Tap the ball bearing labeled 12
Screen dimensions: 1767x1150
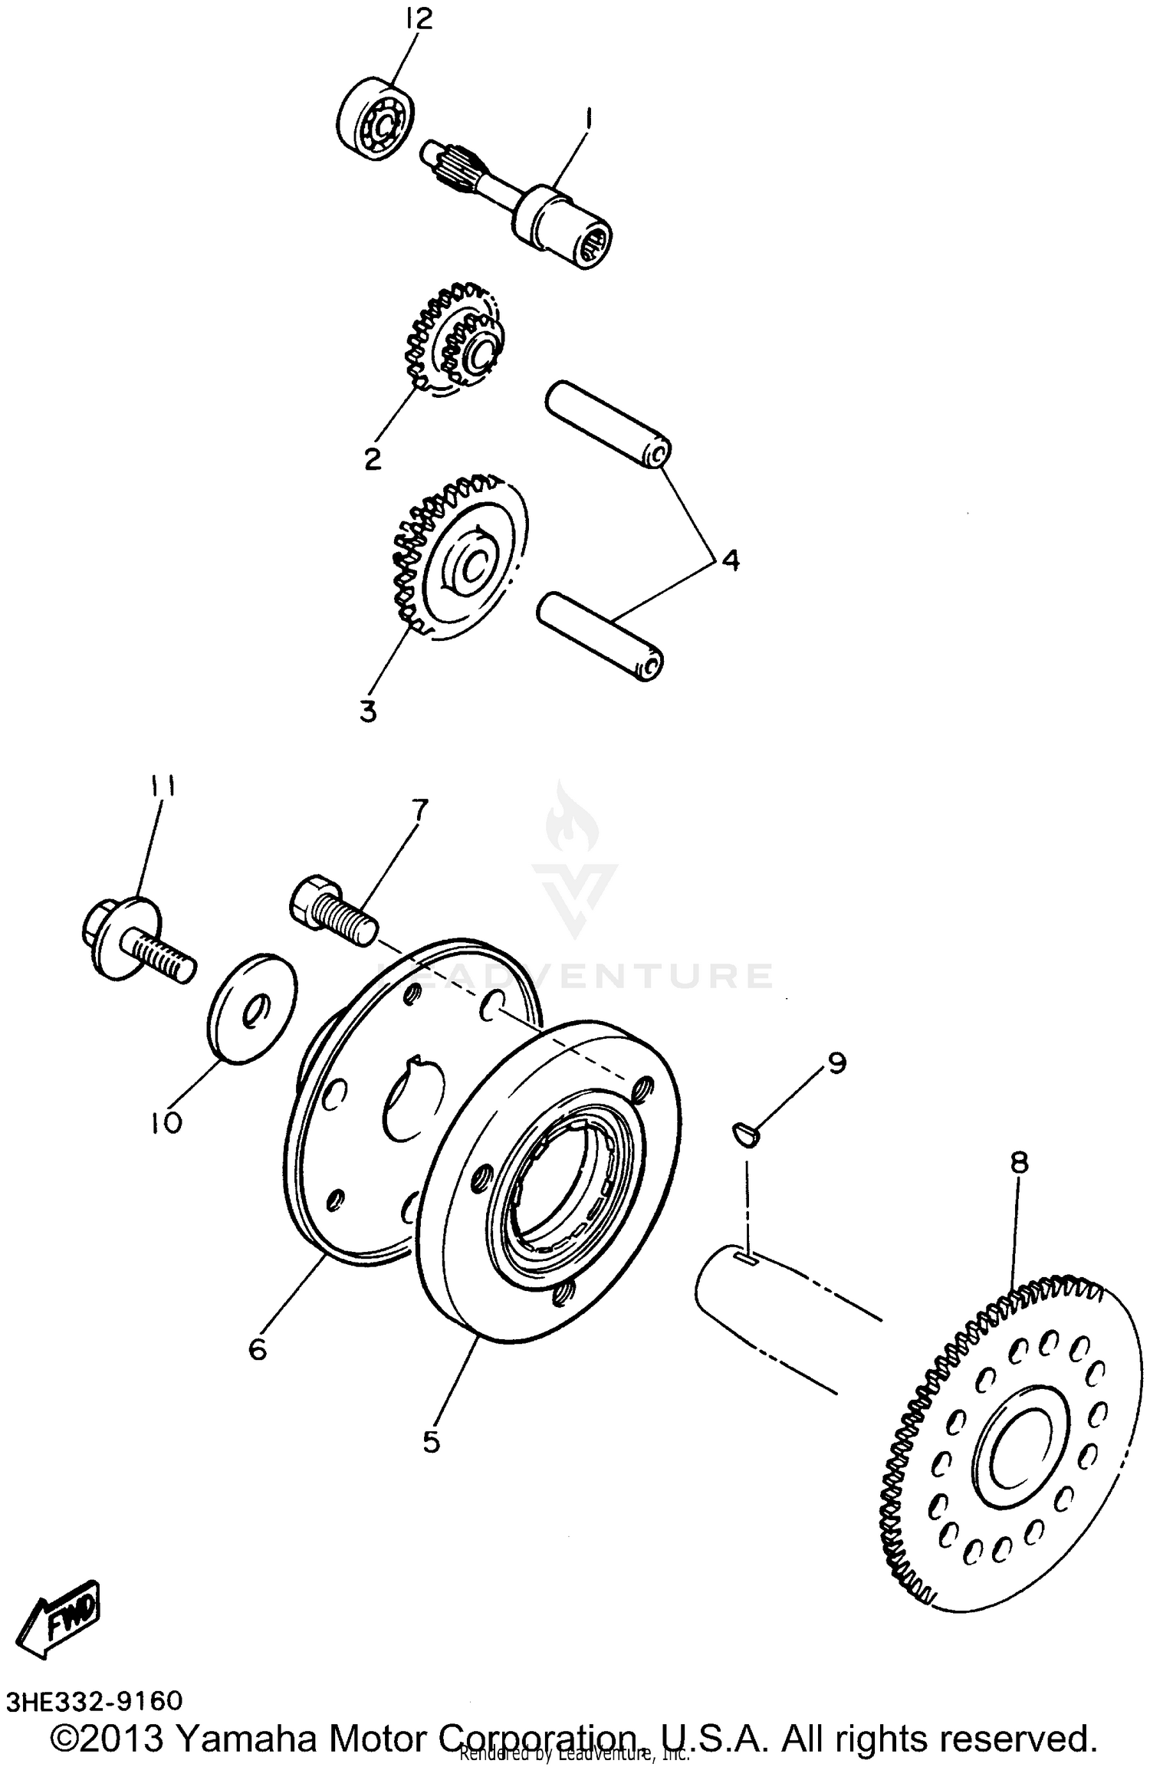pyautogui.click(x=376, y=119)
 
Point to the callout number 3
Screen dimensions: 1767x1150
pyautogui.click(x=368, y=711)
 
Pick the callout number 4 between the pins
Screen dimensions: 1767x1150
pyautogui.click(x=731, y=560)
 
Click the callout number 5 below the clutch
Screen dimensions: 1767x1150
pyautogui.click(x=431, y=1442)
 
